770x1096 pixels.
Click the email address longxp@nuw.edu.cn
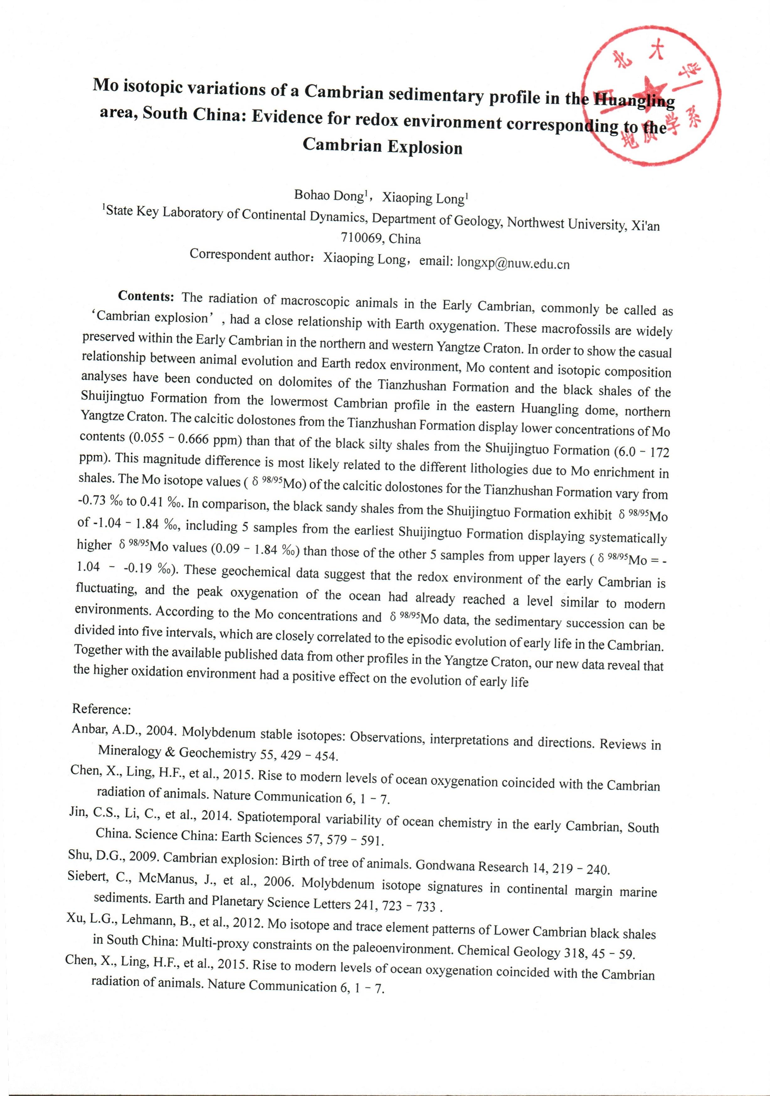pyautogui.click(x=513, y=262)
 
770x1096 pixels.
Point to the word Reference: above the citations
pyautogui.click(x=101, y=709)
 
